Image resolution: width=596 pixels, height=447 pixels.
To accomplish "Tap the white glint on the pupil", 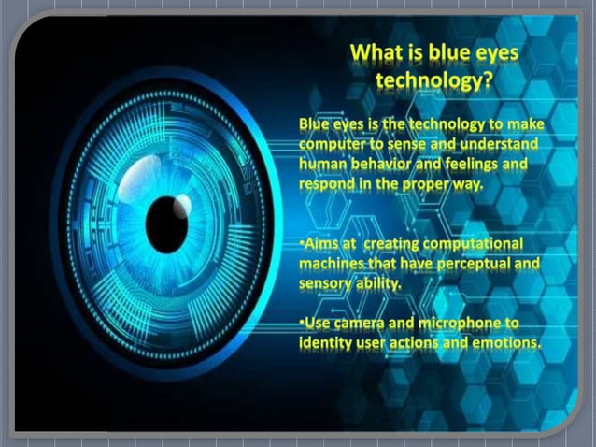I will (182, 205).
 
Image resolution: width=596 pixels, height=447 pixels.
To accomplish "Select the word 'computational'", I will (474, 244).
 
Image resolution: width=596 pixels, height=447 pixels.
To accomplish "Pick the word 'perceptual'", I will (476, 264).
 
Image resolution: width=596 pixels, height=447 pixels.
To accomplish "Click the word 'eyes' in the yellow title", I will (495, 54).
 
